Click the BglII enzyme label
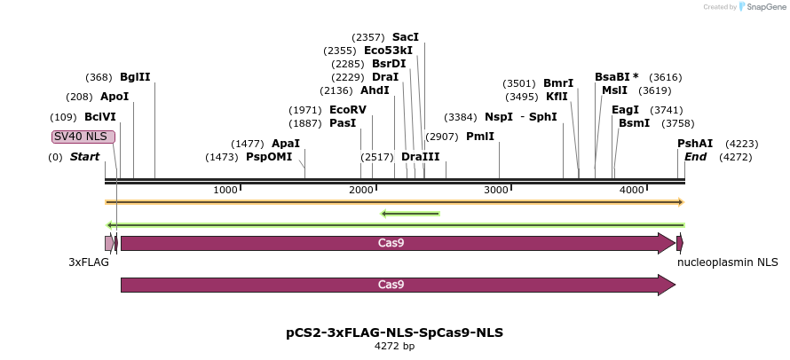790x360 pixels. point(135,77)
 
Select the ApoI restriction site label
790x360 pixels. point(115,97)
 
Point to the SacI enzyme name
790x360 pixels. point(405,37)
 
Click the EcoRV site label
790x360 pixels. point(347,110)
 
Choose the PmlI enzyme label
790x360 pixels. point(479,137)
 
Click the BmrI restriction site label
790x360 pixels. point(558,83)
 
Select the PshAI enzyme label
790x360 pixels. point(695,144)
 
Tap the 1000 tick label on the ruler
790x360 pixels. point(225,190)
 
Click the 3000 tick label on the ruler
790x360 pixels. point(496,190)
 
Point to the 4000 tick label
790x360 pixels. point(631,190)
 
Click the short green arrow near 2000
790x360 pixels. point(410,213)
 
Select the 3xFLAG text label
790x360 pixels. point(89,262)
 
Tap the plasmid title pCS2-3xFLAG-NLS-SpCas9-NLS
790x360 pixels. point(394,333)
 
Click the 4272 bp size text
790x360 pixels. point(394,347)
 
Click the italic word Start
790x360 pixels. point(84,157)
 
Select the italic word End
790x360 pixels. point(695,157)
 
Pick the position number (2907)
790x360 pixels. point(441,137)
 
